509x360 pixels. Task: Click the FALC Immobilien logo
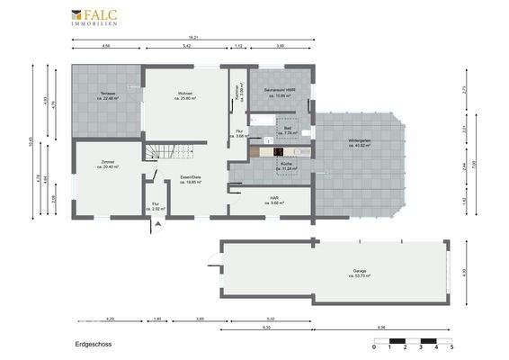point(97,17)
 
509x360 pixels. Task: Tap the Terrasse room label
point(108,97)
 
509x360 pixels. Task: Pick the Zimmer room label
point(109,164)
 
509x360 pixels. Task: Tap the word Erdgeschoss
point(94,344)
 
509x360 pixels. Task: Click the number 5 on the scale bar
point(451,348)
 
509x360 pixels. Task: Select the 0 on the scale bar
point(374,348)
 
